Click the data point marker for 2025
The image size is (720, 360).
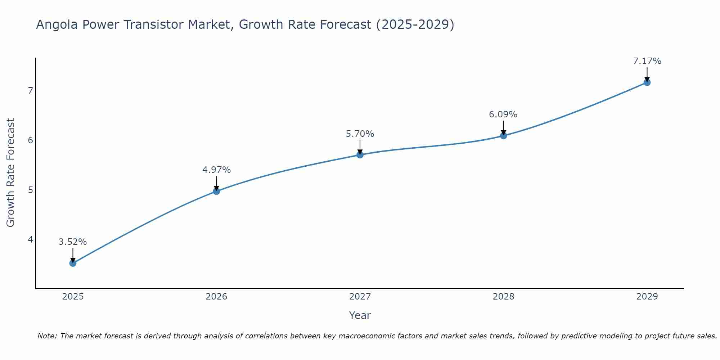pyautogui.click(x=73, y=263)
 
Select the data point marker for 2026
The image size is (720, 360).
pyautogui.click(x=216, y=191)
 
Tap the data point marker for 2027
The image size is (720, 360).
pyautogui.click(x=360, y=155)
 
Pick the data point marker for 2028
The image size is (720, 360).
pyautogui.click(x=503, y=136)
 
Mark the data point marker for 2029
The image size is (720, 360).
pyautogui.click(x=647, y=82)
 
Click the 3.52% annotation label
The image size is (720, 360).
pyautogui.click(x=73, y=242)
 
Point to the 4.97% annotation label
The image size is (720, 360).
pyautogui.click(x=216, y=170)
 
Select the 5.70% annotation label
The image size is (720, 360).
pyautogui.click(x=360, y=134)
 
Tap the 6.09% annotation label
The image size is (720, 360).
pyautogui.click(x=503, y=114)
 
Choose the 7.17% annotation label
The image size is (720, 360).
pyautogui.click(x=647, y=61)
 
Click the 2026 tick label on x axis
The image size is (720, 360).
pyautogui.click(x=216, y=297)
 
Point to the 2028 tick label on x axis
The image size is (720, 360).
pyautogui.click(x=503, y=297)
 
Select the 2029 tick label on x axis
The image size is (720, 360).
pyautogui.click(x=647, y=297)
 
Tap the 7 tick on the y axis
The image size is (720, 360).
pyautogui.click(x=30, y=90)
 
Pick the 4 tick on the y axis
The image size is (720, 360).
pyautogui.click(x=30, y=240)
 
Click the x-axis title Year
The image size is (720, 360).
pyautogui.click(x=360, y=315)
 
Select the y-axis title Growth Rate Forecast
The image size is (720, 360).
pyautogui.click(x=11, y=172)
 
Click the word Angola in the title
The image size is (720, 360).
pyautogui.click(x=57, y=25)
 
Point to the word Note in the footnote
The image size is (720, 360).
pyautogui.click(x=47, y=336)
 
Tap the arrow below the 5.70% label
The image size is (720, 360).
pyautogui.click(x=360, y=147)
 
